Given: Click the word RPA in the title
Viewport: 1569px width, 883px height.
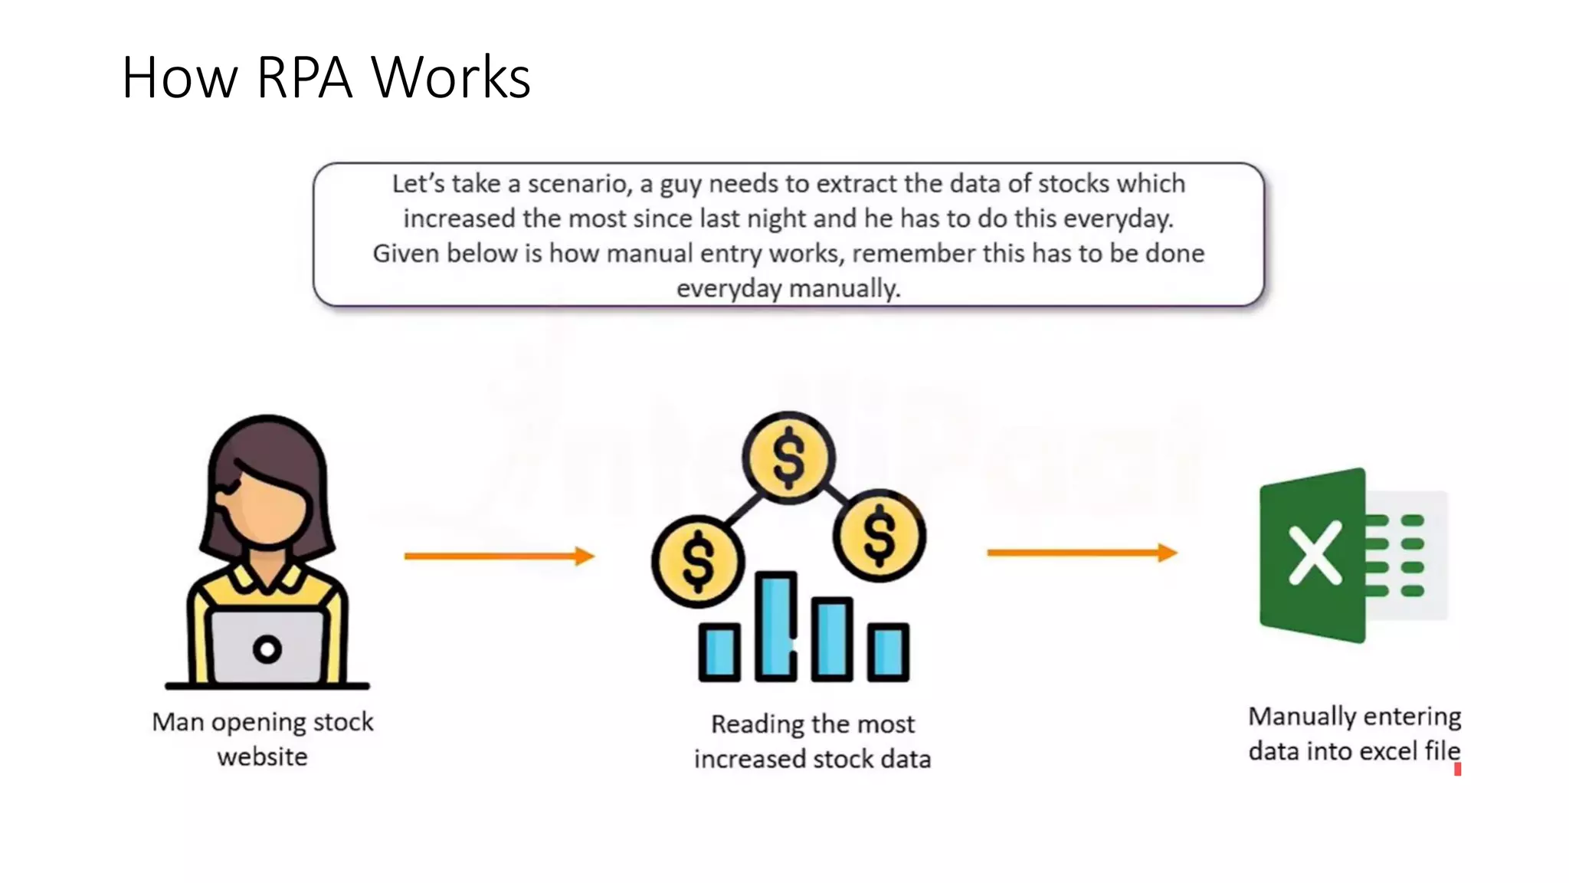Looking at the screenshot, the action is click(304, 77).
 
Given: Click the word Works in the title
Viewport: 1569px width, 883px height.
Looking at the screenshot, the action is click(450, 77).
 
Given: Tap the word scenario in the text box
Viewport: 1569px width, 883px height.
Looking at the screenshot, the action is click(576, 184).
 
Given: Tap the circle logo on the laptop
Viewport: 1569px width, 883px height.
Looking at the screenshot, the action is click(267, 650).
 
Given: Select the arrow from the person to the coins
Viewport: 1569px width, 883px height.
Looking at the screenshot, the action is click(499, 556).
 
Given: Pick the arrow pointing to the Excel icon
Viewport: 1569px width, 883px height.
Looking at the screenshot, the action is click(1081, 553).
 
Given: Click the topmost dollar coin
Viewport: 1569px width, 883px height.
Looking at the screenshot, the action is click(788, 458).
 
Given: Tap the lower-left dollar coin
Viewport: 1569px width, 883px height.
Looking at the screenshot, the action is click(697, 561).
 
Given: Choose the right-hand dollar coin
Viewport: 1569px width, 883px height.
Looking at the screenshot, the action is click(879, 536).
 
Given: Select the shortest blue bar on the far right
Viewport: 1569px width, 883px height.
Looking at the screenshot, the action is click(888, 652).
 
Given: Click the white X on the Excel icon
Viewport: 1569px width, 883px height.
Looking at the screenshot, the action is click(1315, 553).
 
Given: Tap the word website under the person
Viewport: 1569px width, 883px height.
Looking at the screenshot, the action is click(262, 757).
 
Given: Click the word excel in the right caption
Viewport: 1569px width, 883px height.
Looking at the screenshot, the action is click(1382, 751).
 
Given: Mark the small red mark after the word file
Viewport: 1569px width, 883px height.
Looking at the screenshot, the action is click(1457, 770).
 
